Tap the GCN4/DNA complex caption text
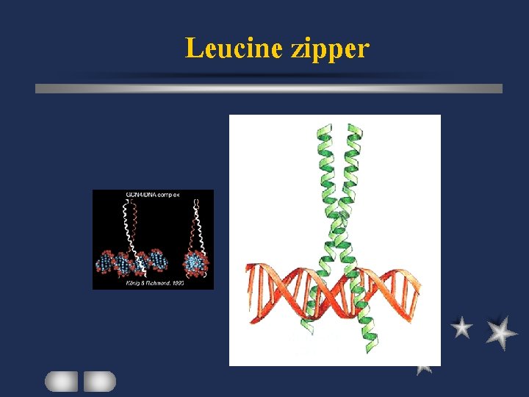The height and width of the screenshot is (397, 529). [153, 196]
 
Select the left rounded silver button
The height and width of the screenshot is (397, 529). [61, 381]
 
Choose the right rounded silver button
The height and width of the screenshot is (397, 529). [99, 381]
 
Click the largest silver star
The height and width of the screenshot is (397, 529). [501, 332]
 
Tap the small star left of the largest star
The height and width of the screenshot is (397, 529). [461, 328]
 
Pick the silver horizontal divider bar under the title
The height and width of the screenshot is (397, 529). [269, 88]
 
